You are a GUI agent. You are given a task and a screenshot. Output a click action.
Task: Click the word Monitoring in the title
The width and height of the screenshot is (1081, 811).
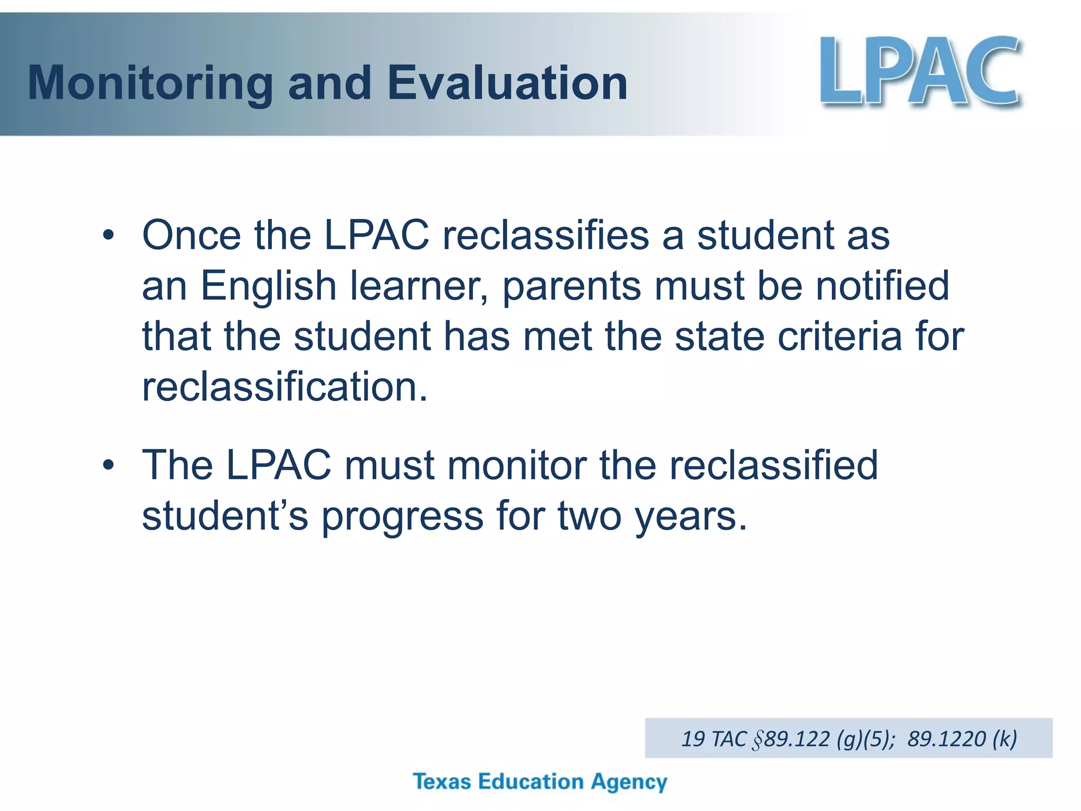click(149, 83)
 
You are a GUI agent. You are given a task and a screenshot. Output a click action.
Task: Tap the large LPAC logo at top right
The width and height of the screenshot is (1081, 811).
click(919, 71)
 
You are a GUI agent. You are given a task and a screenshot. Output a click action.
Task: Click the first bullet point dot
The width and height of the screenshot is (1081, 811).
click(108, 235)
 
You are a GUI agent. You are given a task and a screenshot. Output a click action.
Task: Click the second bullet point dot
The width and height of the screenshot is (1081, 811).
click(108, 465)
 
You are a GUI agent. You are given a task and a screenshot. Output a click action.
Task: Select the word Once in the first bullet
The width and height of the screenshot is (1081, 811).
click(191, 235)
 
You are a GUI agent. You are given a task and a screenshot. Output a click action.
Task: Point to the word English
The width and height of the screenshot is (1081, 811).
click(268, 286)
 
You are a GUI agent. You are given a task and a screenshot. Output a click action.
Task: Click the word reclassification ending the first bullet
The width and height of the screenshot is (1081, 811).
click(285, 387)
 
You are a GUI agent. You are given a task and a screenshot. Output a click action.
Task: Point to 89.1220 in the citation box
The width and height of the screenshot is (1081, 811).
click(946, 739)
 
